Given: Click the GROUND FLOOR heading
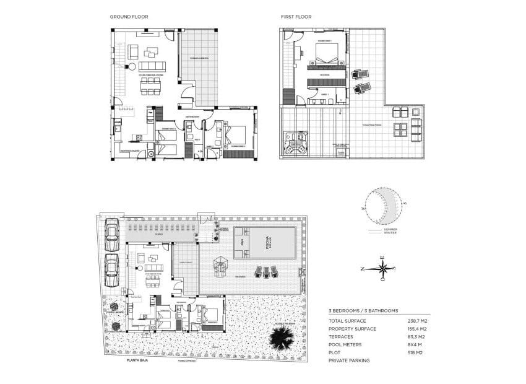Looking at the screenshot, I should (x=129, y=17).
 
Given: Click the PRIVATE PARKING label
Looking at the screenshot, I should (x=349, y=360).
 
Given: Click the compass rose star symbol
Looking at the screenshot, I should (x=383, y=268).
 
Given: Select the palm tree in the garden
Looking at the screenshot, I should (x=283, y=338).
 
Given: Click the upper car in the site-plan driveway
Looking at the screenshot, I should (x=112, y=233).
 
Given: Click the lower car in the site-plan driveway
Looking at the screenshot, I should (x=112, y=270).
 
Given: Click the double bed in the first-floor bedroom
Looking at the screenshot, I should (x=327, y=55).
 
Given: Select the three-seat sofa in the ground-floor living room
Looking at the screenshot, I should (x=152, y=66).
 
